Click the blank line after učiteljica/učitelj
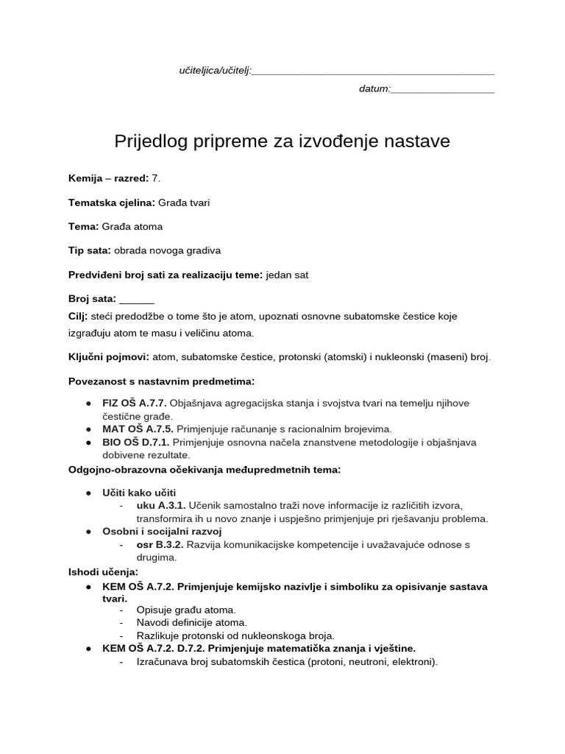tap(373, 72)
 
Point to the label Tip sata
tap(89, 250)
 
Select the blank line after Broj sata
tap(137, 300)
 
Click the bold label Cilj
tap(78, 316)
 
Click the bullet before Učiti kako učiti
tap(88, 492)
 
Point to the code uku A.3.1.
tap(161, 505)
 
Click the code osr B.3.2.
tap(160, 544)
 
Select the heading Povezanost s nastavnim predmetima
tap(161, 381)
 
